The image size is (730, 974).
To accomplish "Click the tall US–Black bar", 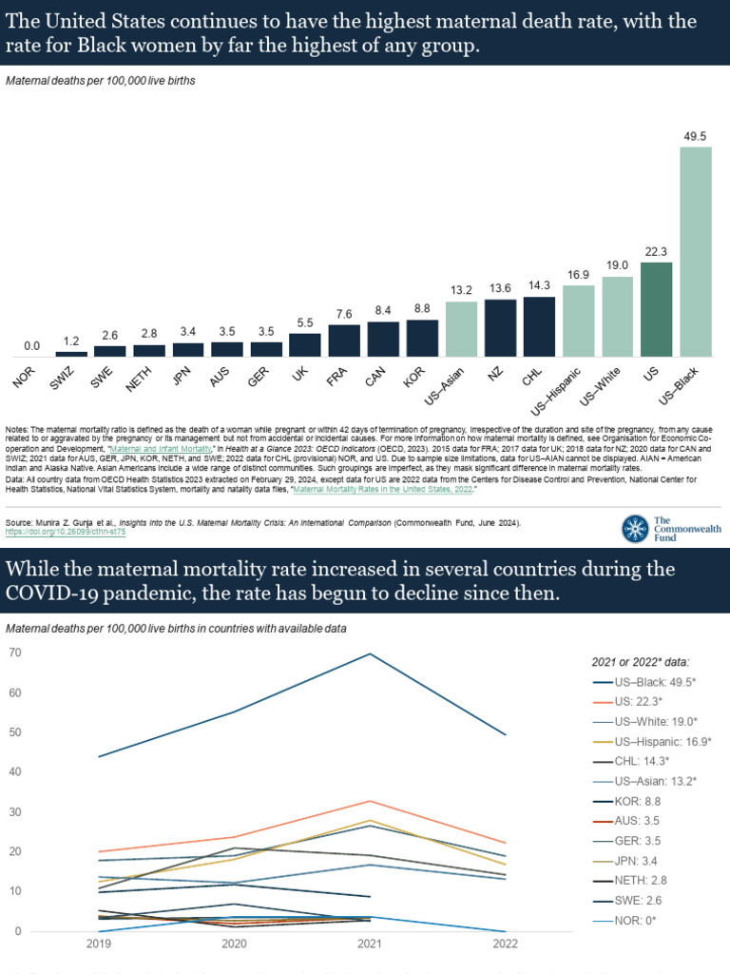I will pos(696,252).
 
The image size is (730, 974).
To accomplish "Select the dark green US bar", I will pos(657,310).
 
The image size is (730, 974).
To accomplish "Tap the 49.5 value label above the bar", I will pos(696,137).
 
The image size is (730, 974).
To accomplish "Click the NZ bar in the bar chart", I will pos(501,328).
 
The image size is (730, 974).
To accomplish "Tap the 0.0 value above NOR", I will pos(32,346).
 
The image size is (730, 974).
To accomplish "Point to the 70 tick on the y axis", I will pos(15,653).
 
